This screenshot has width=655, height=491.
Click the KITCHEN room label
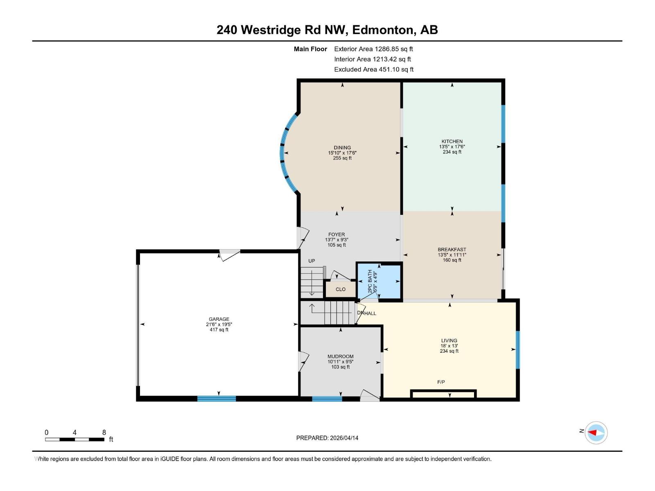452,141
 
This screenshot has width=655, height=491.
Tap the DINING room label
342,148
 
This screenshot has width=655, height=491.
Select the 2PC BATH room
379,281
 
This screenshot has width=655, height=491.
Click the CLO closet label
341,289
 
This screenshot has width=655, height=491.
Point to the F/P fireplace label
441,382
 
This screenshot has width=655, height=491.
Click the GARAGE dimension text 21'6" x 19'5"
219,324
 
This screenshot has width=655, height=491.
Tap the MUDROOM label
341,356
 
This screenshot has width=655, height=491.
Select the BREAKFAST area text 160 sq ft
452,260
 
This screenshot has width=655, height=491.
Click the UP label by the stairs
312,261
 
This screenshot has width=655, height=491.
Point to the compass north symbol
596,432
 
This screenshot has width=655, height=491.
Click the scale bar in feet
75,439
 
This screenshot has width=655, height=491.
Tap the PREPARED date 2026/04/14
327,438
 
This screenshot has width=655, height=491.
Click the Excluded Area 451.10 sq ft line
373,70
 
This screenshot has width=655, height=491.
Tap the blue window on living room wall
517,349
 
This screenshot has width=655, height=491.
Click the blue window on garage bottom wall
217,399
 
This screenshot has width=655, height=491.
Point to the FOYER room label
337,234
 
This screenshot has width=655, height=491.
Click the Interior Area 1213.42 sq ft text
372,59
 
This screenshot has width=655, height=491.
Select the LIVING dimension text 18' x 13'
449,346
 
